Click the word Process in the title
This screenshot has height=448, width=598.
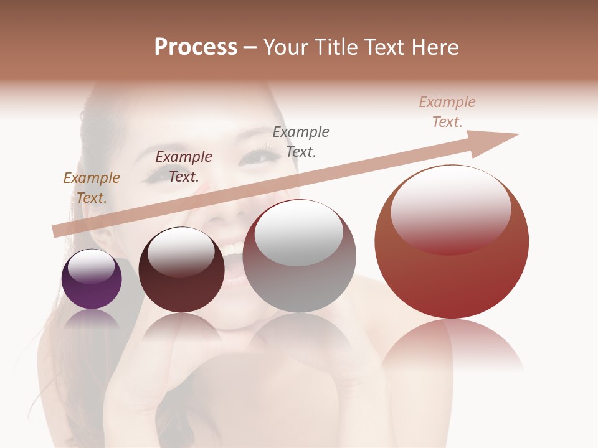[x=196, y=47]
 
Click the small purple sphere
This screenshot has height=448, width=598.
[x=92, y=292]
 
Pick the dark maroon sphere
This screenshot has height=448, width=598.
[x=181, y=292]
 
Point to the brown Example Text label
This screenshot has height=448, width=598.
[x=92, y=187]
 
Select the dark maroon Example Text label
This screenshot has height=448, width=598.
[x=184, y=166]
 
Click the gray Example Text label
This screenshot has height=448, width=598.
[x=301, y=141]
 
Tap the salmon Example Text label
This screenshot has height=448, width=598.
[x=447, y=111]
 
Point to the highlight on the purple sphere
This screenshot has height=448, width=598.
[x=91, y=266]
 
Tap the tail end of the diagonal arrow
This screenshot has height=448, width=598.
[x=56, y=231]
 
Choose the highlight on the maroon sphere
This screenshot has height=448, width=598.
[x=181, y=252]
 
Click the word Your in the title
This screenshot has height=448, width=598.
[x=287, y=47]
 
